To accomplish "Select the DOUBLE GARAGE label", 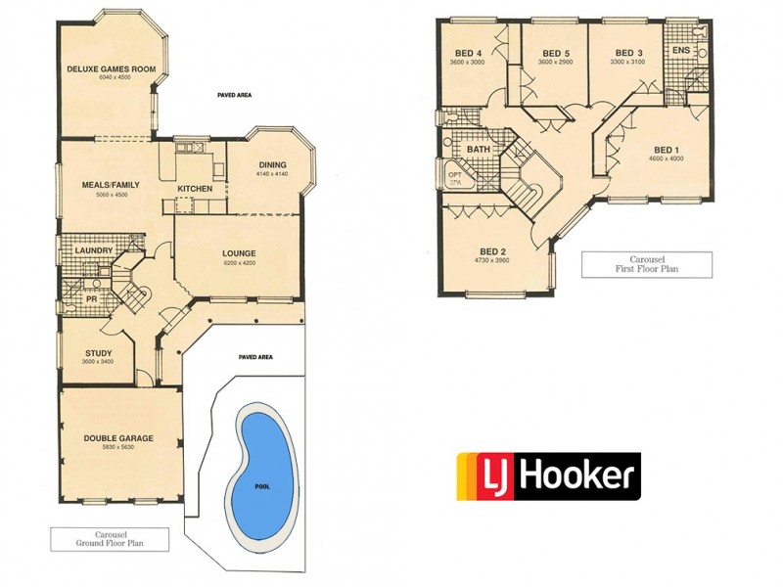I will (x=117, y=438).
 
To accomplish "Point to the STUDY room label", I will (x=98, y=353).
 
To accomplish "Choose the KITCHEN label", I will (x=195, y=188).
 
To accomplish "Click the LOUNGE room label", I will (x=239, y=253).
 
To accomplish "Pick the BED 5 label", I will (x=555, y=53).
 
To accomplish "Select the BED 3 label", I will (x=628, y=53).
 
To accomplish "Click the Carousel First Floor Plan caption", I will (x=647, y=263).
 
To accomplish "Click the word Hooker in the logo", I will (x=583, y=476).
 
